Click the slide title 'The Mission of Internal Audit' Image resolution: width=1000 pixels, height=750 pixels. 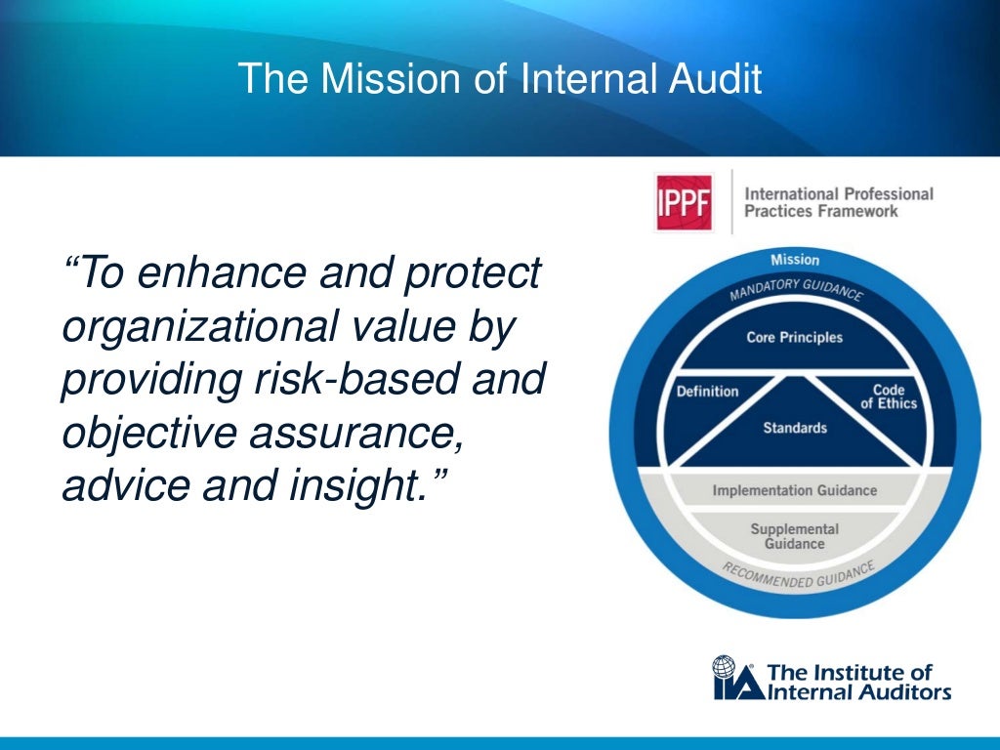point(499,79)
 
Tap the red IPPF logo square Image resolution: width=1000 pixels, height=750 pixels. point(684,202)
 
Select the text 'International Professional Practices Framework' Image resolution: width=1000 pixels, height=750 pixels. point(838,202)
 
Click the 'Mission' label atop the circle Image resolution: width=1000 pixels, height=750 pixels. point(795,260)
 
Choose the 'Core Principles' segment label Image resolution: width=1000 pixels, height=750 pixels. point(794,338)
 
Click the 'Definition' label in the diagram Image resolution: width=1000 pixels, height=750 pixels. point(707,392)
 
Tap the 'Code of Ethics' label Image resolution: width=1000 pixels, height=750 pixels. point(889,396)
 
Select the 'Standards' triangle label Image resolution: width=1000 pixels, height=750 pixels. point(795,428)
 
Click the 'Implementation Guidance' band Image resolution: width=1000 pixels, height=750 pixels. point(794,490)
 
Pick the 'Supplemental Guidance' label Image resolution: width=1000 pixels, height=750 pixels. point(794,536)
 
